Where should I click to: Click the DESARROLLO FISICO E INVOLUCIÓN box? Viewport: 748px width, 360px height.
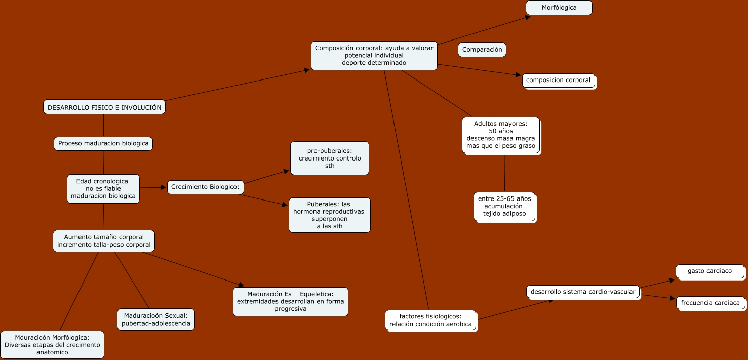tap(104, 107)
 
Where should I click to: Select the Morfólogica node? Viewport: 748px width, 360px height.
tap(559, 8)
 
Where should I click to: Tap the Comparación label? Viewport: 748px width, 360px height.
tap(482, 50)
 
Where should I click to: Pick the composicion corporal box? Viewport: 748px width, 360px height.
tap(558, 80)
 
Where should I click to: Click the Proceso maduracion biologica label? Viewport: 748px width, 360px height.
tap(103, 143)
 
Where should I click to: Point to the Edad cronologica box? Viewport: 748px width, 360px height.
tap(103, 189)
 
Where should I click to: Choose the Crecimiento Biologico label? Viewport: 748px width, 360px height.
tap(205, 187)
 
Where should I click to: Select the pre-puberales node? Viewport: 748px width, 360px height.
tap(330, 158)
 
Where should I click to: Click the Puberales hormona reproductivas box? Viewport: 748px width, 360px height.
tap(329, 215)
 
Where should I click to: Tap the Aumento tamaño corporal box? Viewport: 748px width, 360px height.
tap(104, 241)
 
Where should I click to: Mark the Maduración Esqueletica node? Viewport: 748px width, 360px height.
tap(290, 302)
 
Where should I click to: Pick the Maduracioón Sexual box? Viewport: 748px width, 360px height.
tap(155, 319)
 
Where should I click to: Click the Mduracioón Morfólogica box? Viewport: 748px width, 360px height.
tap(52, 345)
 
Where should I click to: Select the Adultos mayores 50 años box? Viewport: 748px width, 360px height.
tap(500, 135)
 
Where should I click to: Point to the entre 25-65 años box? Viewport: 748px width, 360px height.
tap(504, 206)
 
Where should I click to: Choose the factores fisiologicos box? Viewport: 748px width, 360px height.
tap(430, 320)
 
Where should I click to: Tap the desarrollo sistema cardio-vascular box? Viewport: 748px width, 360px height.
tap(583, 292)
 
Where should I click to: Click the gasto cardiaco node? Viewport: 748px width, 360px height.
tap(710, 271)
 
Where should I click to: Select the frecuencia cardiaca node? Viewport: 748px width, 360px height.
tap(710, 303)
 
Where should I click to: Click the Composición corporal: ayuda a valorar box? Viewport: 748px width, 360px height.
tap(374, 56)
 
